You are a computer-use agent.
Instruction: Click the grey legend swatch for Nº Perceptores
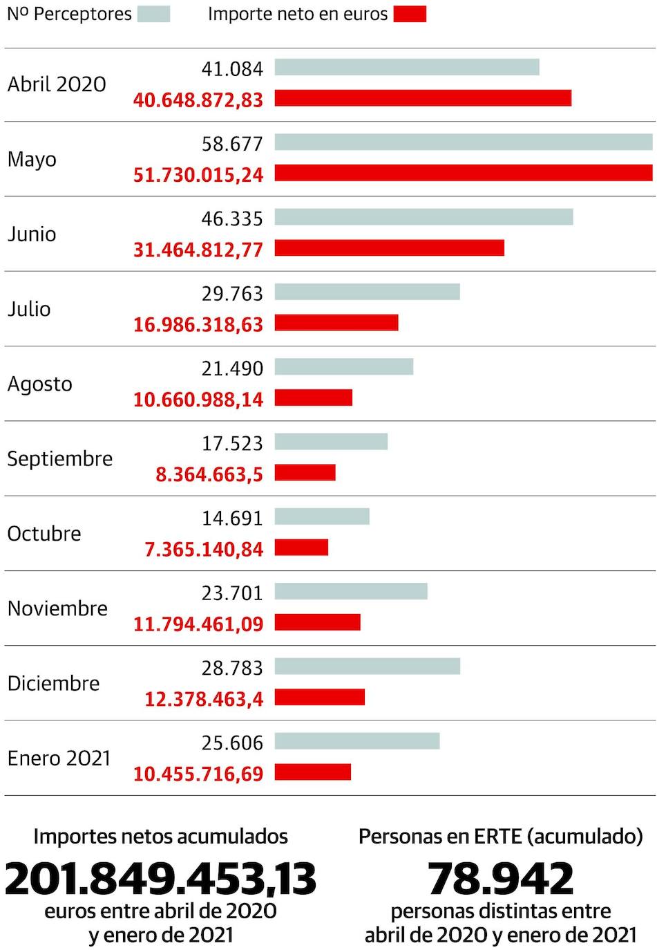[153, 14]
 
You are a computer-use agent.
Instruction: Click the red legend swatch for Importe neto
[410, 14]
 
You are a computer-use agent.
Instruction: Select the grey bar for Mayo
[463, 142]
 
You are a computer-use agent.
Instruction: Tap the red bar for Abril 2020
[423, 98]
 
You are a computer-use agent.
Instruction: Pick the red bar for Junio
[389, 248]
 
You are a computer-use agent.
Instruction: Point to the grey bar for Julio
[367, 292]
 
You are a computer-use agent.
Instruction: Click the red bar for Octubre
[301, 548]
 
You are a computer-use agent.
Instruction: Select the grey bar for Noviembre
[351, 591]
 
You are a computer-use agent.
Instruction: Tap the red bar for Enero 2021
[312, 772]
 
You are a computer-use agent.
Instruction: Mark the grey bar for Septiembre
[331, 441]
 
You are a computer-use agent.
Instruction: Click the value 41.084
[232, 69]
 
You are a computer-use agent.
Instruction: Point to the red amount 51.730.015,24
[198, 174]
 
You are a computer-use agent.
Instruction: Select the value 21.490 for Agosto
[232, 369]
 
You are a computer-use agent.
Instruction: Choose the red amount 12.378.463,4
[204, 699]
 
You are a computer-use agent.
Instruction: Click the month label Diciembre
[53, 683]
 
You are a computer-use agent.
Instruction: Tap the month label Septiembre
[59, 458]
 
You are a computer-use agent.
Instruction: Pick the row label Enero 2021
[59, 758]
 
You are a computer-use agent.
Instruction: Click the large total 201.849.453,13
[160, 878]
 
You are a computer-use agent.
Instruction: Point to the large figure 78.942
[500, 878]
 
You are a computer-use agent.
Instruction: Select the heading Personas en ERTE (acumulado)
[500, 837]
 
